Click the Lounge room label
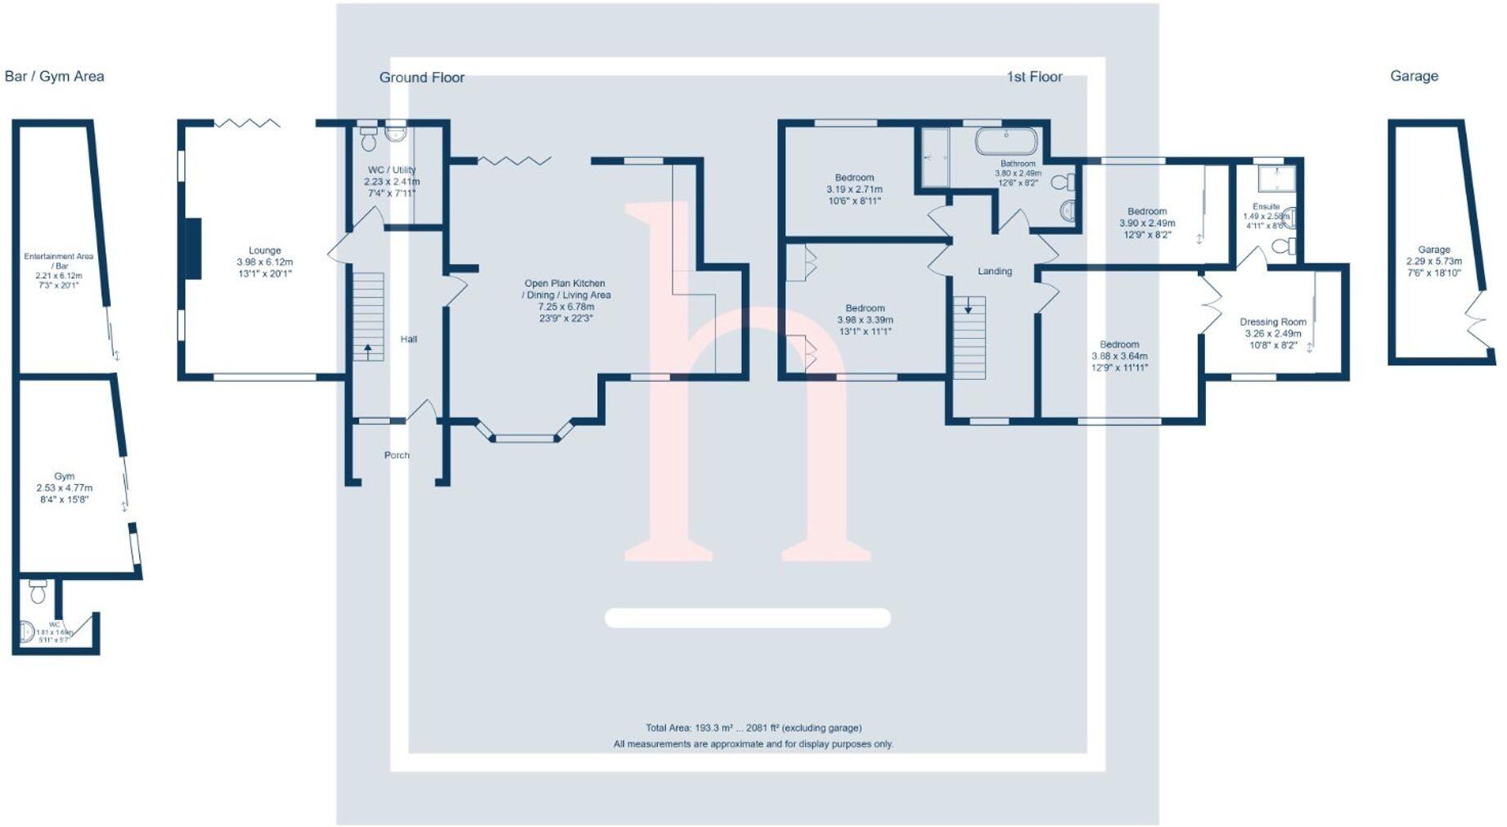[264, 250]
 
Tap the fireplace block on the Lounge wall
[193, 249]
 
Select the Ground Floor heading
[421, 78]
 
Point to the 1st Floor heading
[1034, 77]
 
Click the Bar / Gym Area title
[54, 76]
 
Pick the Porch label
[397, 456]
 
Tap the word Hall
[408, 339]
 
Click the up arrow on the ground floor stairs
[368, 350]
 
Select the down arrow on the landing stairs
[969, 307]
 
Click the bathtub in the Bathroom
[1005, 141]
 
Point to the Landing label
[995, 272]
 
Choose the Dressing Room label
[1272, 322]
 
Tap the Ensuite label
[1266, 207]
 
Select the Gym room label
[64, 476]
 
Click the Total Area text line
[753, 728]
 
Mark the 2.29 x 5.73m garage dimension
[1433, 262]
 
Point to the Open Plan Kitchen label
[565, 284]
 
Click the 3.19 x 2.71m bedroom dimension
[854, 190]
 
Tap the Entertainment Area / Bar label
[59, 261]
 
